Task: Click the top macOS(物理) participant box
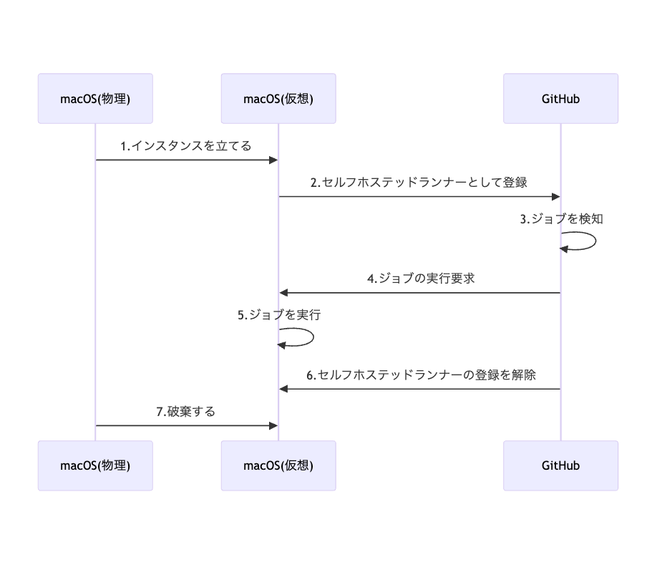coord(95,99)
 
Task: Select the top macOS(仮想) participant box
coord(278,99)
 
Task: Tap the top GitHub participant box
coord(560,99)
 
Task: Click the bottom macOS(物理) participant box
coord(95,465)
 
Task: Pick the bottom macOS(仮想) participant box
coord(278,465)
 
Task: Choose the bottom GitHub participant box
coord(560,465)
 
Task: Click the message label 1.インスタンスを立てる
coord(185,146)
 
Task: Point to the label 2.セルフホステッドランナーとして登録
coord(419,182)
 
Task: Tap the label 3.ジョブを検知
coord(561,219)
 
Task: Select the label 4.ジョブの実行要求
coord(421,279)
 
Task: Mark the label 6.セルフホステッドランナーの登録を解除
coord(421,375)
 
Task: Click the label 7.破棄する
coord(185,412)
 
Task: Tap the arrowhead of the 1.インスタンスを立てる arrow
coord(273,160)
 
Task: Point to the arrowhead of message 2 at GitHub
coord(555,196)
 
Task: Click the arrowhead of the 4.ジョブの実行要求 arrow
coord(284,293)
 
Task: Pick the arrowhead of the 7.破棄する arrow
coord(273,425)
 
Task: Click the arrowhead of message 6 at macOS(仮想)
coord(284,389)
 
